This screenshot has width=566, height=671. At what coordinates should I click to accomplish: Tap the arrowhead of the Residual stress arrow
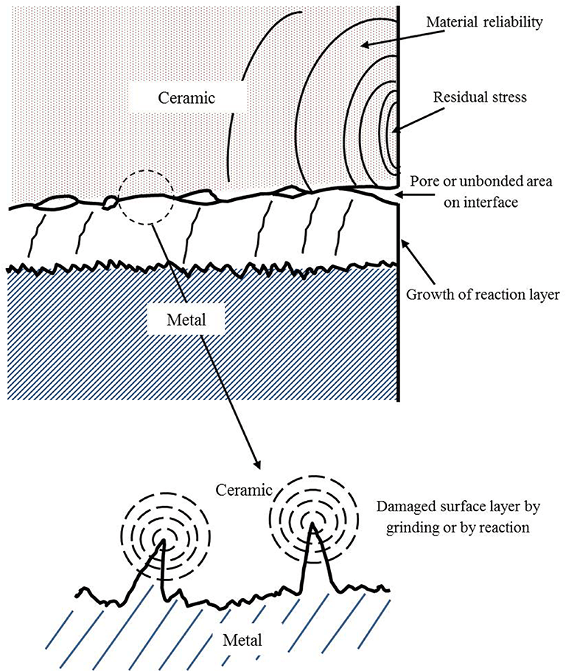(398, 130)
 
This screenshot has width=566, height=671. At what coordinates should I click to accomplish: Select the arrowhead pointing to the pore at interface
(401, 195)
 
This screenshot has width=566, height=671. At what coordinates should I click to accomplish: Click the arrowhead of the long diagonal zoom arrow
(257, 466)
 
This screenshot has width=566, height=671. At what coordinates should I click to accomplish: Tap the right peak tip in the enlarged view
(312, 524)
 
